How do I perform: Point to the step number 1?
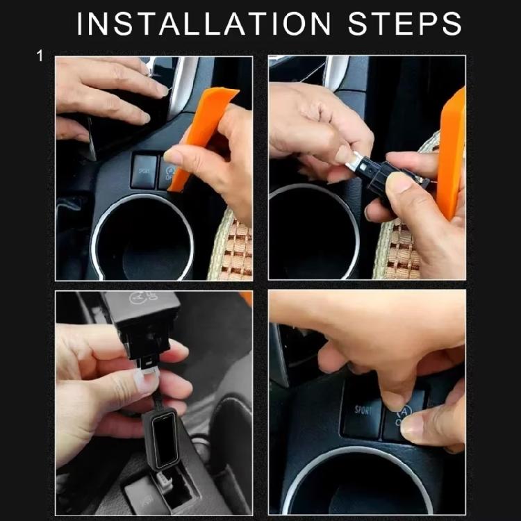(40, 56)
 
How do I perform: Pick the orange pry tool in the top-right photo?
(452, 153)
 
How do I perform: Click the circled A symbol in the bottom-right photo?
(404, 411)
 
